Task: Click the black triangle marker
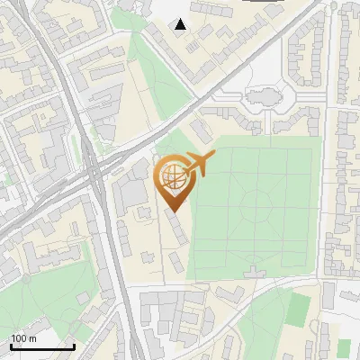[x=181, y=24]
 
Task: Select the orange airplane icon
[x=200, y=163]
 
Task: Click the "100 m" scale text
[x=23, y=338]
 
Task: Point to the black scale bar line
[x=41, y=346]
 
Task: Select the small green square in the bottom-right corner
[x=344, y=347]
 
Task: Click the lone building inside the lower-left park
[x=83, y=297]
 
